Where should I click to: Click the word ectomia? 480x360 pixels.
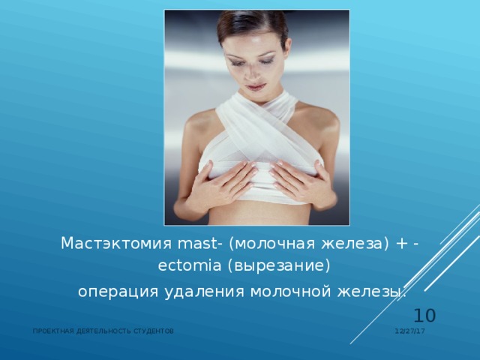click(x=189, y=267)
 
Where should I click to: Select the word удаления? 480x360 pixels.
click(x=197, y=292)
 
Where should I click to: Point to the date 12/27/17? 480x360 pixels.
click(x=410, y=331)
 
